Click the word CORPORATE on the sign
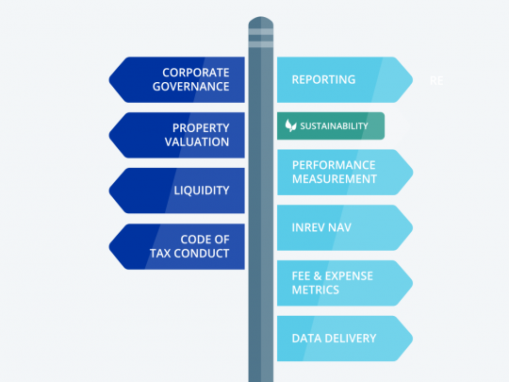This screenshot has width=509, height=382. (x=196, y=73)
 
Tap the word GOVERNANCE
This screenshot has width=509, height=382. (x=190, y=87)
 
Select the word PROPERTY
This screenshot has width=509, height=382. (x=201, y=128)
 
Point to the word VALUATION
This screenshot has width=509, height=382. (x=197, y=141)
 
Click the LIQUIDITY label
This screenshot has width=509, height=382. (x=202, y=191)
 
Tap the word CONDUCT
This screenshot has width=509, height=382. (x=202, y=254)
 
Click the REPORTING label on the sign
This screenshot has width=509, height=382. (x=323, y=79)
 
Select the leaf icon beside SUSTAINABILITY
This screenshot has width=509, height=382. (x=290, y=125)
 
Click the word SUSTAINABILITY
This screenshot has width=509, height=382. (x=334, y=126)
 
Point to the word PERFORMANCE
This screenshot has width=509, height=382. (x=334, y=165)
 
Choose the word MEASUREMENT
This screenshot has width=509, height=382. (x=335, y=179)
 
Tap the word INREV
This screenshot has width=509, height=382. (x=307, y=227)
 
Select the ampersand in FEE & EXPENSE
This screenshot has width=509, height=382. (x=318, y=276)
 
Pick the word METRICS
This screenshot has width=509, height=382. (x=315, y=290)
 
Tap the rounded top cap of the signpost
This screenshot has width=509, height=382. (x=261, y=22)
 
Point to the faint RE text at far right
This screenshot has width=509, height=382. (x=436, y=80)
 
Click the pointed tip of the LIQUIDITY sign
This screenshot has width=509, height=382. (x=109, y=191)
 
